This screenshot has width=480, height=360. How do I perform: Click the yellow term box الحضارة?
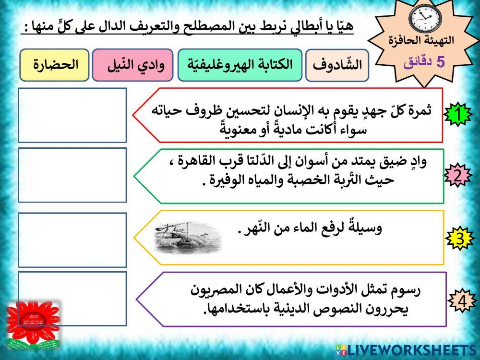(x=54, y=65)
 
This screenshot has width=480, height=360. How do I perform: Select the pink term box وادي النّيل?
(x=132, y=65)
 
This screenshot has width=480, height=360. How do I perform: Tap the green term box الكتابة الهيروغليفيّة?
(x=240, y=65)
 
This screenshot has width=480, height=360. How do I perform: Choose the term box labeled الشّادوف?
(x=337, y=65)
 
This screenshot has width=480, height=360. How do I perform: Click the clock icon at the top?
(x=424, y=19)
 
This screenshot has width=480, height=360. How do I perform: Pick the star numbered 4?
(x=461, y=301)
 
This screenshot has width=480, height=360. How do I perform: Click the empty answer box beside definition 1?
(x=72, y=115)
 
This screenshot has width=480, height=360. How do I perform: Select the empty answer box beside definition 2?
(x=72, y=175)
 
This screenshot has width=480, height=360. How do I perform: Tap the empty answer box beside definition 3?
(x=72, y=240)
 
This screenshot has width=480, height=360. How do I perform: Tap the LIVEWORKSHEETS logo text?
(x=411, y=349)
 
